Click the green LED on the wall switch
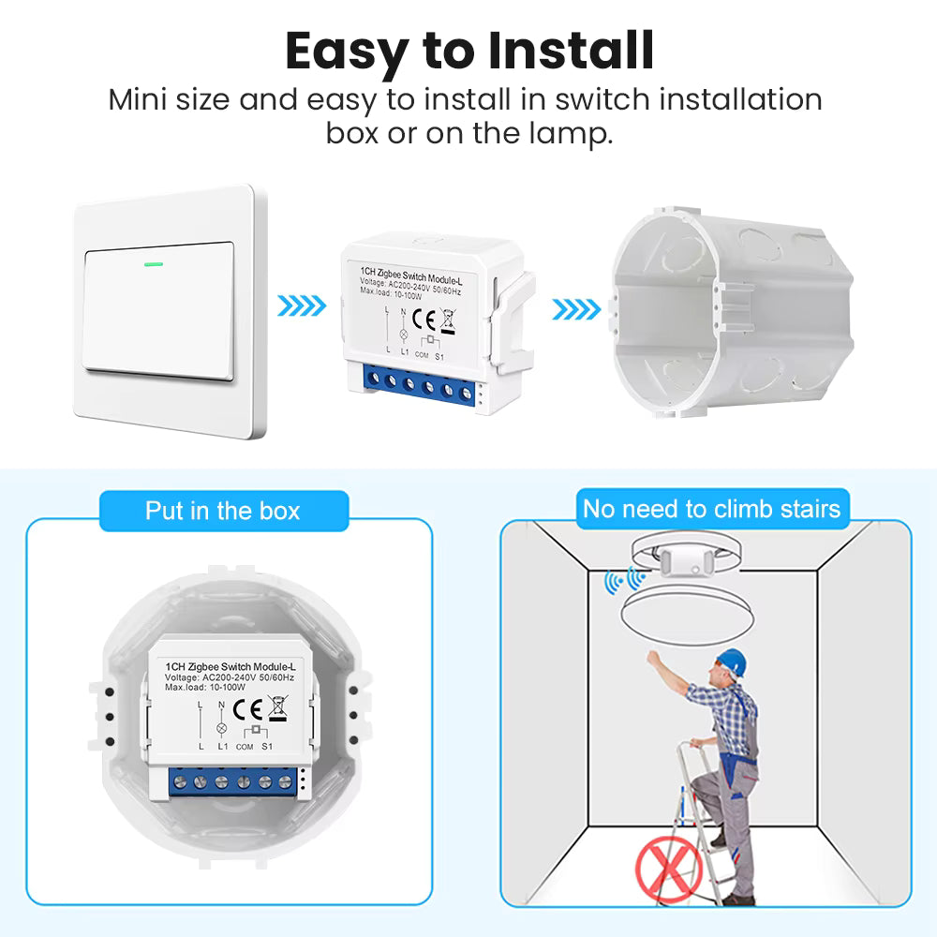154,263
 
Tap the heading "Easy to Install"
469,52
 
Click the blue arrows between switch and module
302,306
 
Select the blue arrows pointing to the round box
576,309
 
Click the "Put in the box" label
223,511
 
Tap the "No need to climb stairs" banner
712,509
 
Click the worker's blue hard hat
732,662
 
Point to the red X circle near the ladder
669,869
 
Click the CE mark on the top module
424,320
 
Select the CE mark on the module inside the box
247,710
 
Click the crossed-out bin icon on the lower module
278,708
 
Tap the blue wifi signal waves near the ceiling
624,580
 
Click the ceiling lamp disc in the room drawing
687,617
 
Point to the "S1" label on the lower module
267,747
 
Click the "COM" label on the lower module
245,747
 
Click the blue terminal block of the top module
418,385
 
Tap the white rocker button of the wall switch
158,311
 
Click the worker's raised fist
653,659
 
